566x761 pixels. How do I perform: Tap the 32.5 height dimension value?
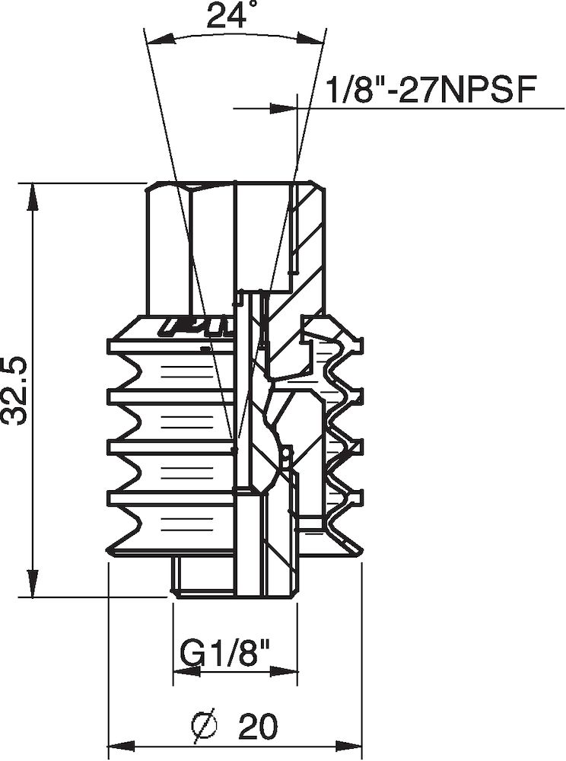[16, 389]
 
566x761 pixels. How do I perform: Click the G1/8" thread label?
[226, 653]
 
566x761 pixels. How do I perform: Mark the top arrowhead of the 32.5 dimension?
[33, 196]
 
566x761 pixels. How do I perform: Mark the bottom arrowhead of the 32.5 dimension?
[33, 584]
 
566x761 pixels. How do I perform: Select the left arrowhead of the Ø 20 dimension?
[122, 744]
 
